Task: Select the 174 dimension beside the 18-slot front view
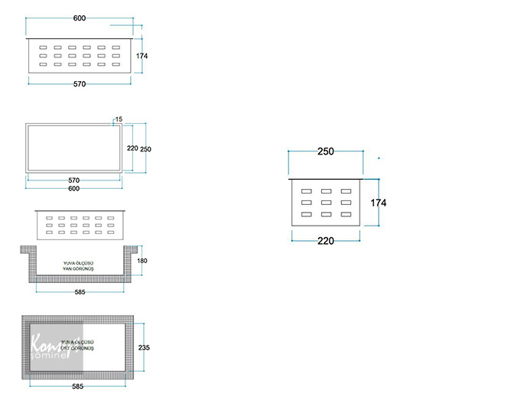142,56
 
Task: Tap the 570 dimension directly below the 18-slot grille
80,83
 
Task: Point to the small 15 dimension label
119,119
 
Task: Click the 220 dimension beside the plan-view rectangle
132,148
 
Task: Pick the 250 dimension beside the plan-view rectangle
146,148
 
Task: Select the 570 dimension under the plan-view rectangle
73,180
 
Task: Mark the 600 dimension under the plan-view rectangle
73,188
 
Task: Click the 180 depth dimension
142,262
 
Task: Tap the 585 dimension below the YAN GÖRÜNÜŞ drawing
80,291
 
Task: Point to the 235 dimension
145,347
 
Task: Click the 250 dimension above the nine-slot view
325,151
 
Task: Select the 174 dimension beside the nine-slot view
378,203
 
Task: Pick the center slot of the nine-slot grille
326,203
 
